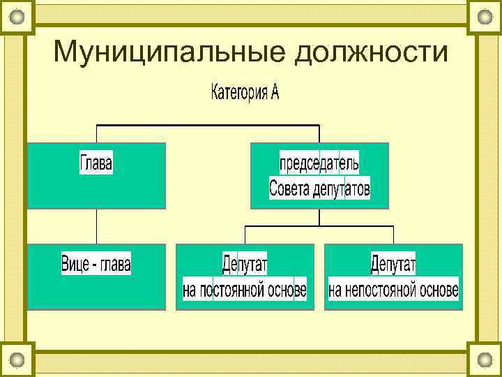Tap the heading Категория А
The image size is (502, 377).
tap(245, 93)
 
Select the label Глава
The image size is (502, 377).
tap(96, 164)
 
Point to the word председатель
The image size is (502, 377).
tap(319, 163)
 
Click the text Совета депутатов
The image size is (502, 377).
tap(319, 188)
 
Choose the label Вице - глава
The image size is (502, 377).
tap(96, 265)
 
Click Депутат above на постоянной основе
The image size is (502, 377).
tap(245, 265)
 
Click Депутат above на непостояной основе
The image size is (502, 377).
tap(393, 265)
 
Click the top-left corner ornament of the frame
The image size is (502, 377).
tap(17, 16)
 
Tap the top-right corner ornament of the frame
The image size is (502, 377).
tap(485, 16)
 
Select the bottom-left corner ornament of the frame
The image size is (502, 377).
tap(17, 360)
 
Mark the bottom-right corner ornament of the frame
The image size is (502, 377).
tap(485, 360)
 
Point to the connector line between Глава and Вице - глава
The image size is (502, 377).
tap(96, 226)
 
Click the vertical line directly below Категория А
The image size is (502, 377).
tap(245, 115)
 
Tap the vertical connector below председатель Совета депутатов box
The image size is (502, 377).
tap(319, 217)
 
